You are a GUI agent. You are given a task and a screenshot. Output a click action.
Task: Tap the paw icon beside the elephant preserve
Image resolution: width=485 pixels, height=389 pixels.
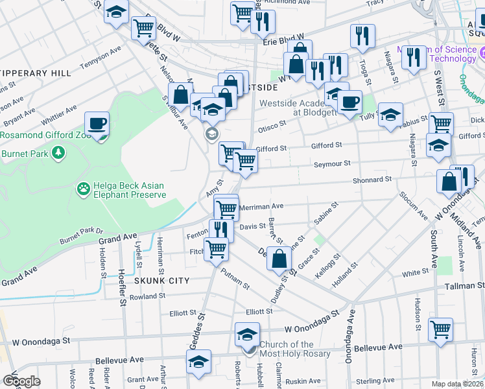coord(84,189)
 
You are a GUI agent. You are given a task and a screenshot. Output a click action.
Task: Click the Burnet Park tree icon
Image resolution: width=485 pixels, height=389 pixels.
coord(59,152)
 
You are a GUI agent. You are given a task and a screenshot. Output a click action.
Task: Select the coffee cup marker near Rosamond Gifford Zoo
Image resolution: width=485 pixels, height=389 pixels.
coord(97,123)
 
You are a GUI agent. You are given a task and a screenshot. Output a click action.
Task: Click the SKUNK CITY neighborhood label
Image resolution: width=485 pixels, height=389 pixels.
coord(162,281)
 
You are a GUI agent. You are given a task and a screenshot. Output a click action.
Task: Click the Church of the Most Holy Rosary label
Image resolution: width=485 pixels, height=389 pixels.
coord(295,349)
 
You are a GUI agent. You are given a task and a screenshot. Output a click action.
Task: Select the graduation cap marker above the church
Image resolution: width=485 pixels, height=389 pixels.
coord(247,335)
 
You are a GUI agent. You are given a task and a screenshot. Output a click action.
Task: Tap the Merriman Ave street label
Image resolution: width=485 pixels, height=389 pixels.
coord(262,206)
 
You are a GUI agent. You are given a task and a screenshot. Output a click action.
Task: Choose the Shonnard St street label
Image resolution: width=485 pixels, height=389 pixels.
coord(373,180)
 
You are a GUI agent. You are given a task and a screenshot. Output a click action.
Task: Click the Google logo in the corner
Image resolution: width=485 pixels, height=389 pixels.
coord(21,381)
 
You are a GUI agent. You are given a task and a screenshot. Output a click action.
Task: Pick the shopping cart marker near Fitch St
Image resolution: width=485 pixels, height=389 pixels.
coord(216,248)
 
